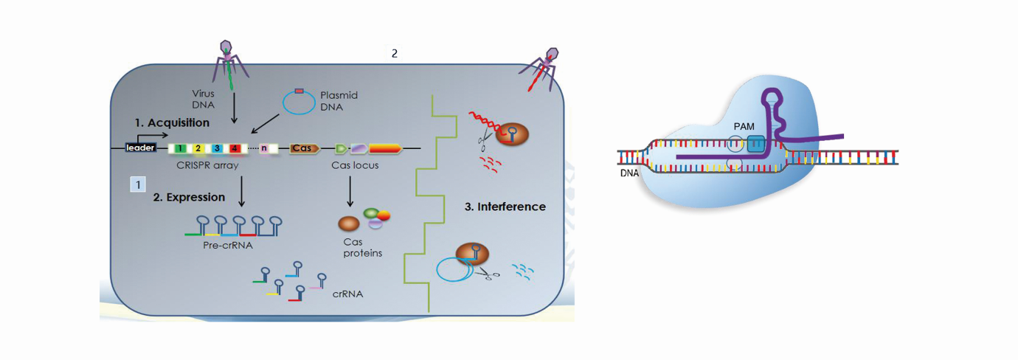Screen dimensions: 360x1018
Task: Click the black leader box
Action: point(139,148)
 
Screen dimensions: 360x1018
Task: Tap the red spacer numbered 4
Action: point(234,148)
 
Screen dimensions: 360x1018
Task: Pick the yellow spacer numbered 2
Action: point(198,148)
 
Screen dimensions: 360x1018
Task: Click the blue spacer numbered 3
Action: point(216,148)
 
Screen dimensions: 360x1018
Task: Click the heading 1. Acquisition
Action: point(172,122)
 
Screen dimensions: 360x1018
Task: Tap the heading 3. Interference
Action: point(505,207)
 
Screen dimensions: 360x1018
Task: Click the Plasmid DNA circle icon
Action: point(299,103)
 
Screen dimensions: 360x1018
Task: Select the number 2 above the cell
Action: point(395,53)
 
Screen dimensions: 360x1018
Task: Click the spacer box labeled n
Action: point(264,148)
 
